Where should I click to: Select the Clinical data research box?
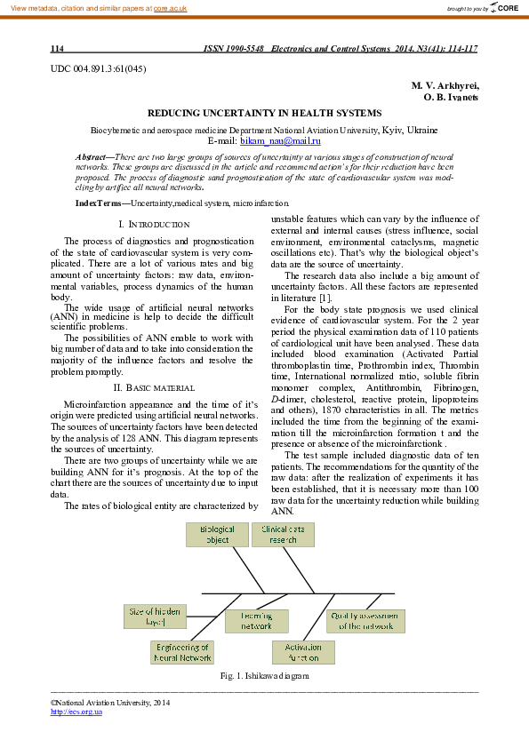283,534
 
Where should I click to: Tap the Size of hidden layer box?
155,617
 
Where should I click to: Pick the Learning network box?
256,620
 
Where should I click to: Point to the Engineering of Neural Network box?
183,653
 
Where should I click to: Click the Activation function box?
303,653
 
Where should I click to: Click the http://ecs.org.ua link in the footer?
70,712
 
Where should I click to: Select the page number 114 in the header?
56,48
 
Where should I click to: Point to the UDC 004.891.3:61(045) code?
99,68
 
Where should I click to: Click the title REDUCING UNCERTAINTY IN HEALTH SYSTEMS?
264,114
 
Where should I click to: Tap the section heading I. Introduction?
154,225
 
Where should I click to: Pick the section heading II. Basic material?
154,387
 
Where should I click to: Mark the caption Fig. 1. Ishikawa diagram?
264,676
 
